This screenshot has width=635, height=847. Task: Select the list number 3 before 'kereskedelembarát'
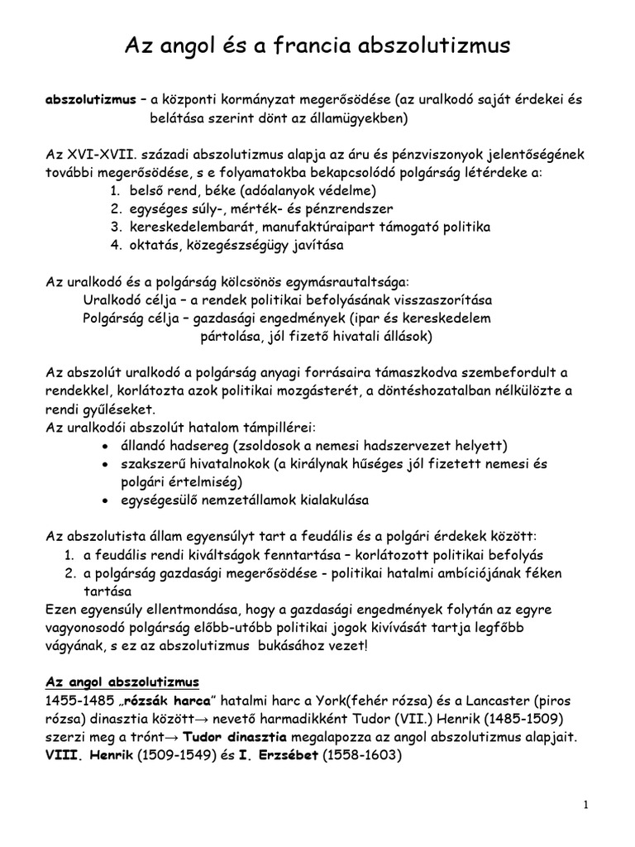tap(115, 227)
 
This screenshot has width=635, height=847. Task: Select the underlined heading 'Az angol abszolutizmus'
tap(122, 682)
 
